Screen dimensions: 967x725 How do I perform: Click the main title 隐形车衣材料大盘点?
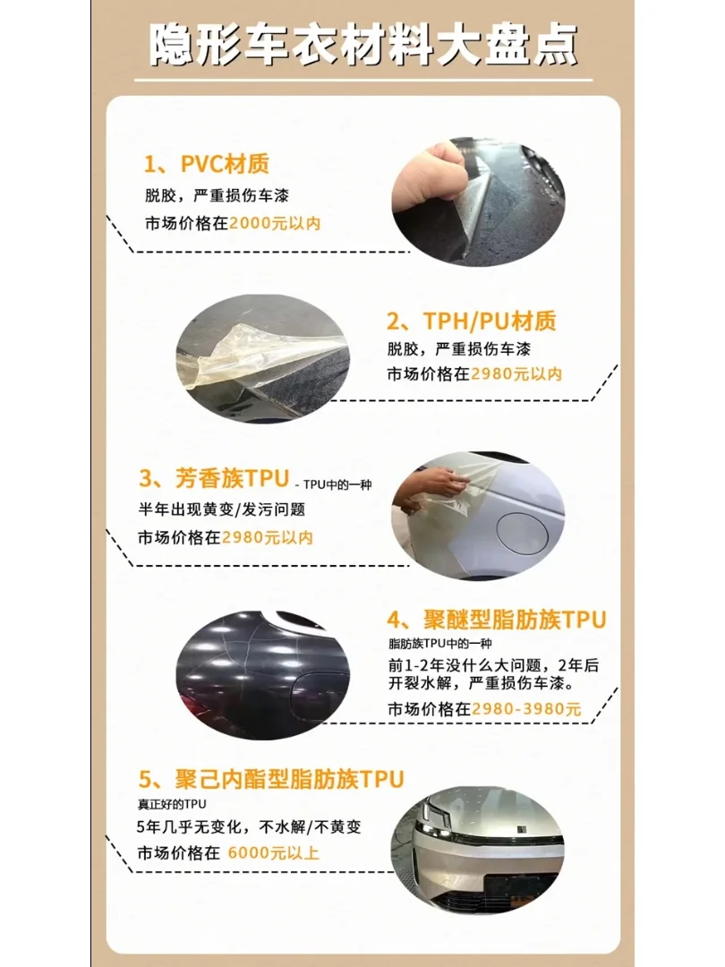click(x=362, y=43)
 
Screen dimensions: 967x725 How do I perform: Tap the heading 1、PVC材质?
click(x=207, y=164)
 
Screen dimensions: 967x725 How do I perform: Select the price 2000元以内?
click(x=275, y=224)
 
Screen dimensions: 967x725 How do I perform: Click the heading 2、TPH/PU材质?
click(x=471, y=321)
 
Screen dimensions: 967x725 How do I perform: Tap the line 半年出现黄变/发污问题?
click(x=221, y=509)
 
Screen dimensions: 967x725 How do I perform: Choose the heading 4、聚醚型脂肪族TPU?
click(x=497, y=620)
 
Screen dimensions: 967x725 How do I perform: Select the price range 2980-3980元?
click(x=526, y=709)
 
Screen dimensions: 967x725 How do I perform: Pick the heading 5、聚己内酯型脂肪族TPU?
click(x=271, y=778)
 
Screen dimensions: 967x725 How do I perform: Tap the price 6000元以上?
click(x=274, y=852)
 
